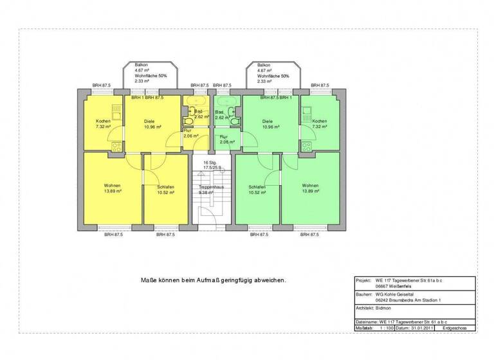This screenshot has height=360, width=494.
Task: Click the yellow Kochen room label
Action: [x=104, y=122]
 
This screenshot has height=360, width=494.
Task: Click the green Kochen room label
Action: [x=320, y=122]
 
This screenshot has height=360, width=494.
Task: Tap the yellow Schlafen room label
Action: [x=166, y=187]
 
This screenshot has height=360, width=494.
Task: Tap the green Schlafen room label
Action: [x=257, y=187]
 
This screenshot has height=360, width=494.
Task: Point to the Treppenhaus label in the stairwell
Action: [x=211, y=187]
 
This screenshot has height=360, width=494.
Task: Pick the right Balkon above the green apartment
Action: [x=271, y=73]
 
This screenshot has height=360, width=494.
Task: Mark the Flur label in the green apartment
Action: [x=223, y=137]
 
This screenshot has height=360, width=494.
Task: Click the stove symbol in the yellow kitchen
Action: [x=118, y=146]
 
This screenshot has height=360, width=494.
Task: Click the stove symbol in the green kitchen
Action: [x=306, y=146]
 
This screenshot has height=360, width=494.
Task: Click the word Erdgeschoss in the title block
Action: [x=456, y=328]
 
